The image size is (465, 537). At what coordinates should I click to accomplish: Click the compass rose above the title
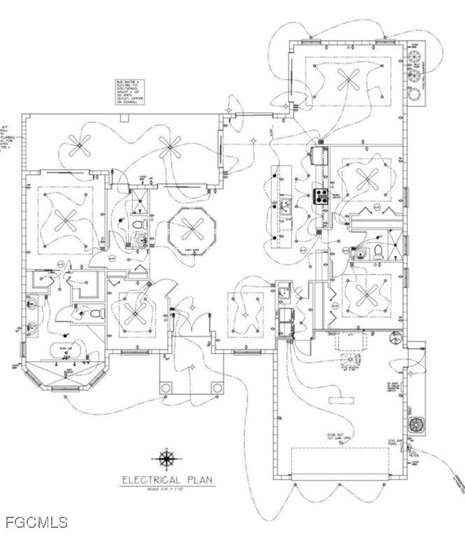point(166,459)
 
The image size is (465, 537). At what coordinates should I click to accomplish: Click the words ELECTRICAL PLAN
point(168,480)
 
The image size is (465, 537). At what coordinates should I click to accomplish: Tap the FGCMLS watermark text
point(36,522)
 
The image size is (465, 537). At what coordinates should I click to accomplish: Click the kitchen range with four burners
point(322,196)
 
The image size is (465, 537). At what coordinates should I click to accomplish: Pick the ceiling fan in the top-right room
point(348,78)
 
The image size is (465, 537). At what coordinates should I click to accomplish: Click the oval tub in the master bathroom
point(69,350)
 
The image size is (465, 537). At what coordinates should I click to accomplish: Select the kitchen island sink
point(286,205)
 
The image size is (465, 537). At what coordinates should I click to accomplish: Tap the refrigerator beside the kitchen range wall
point(321,155)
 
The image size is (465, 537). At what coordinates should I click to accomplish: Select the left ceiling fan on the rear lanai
point(79,147)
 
